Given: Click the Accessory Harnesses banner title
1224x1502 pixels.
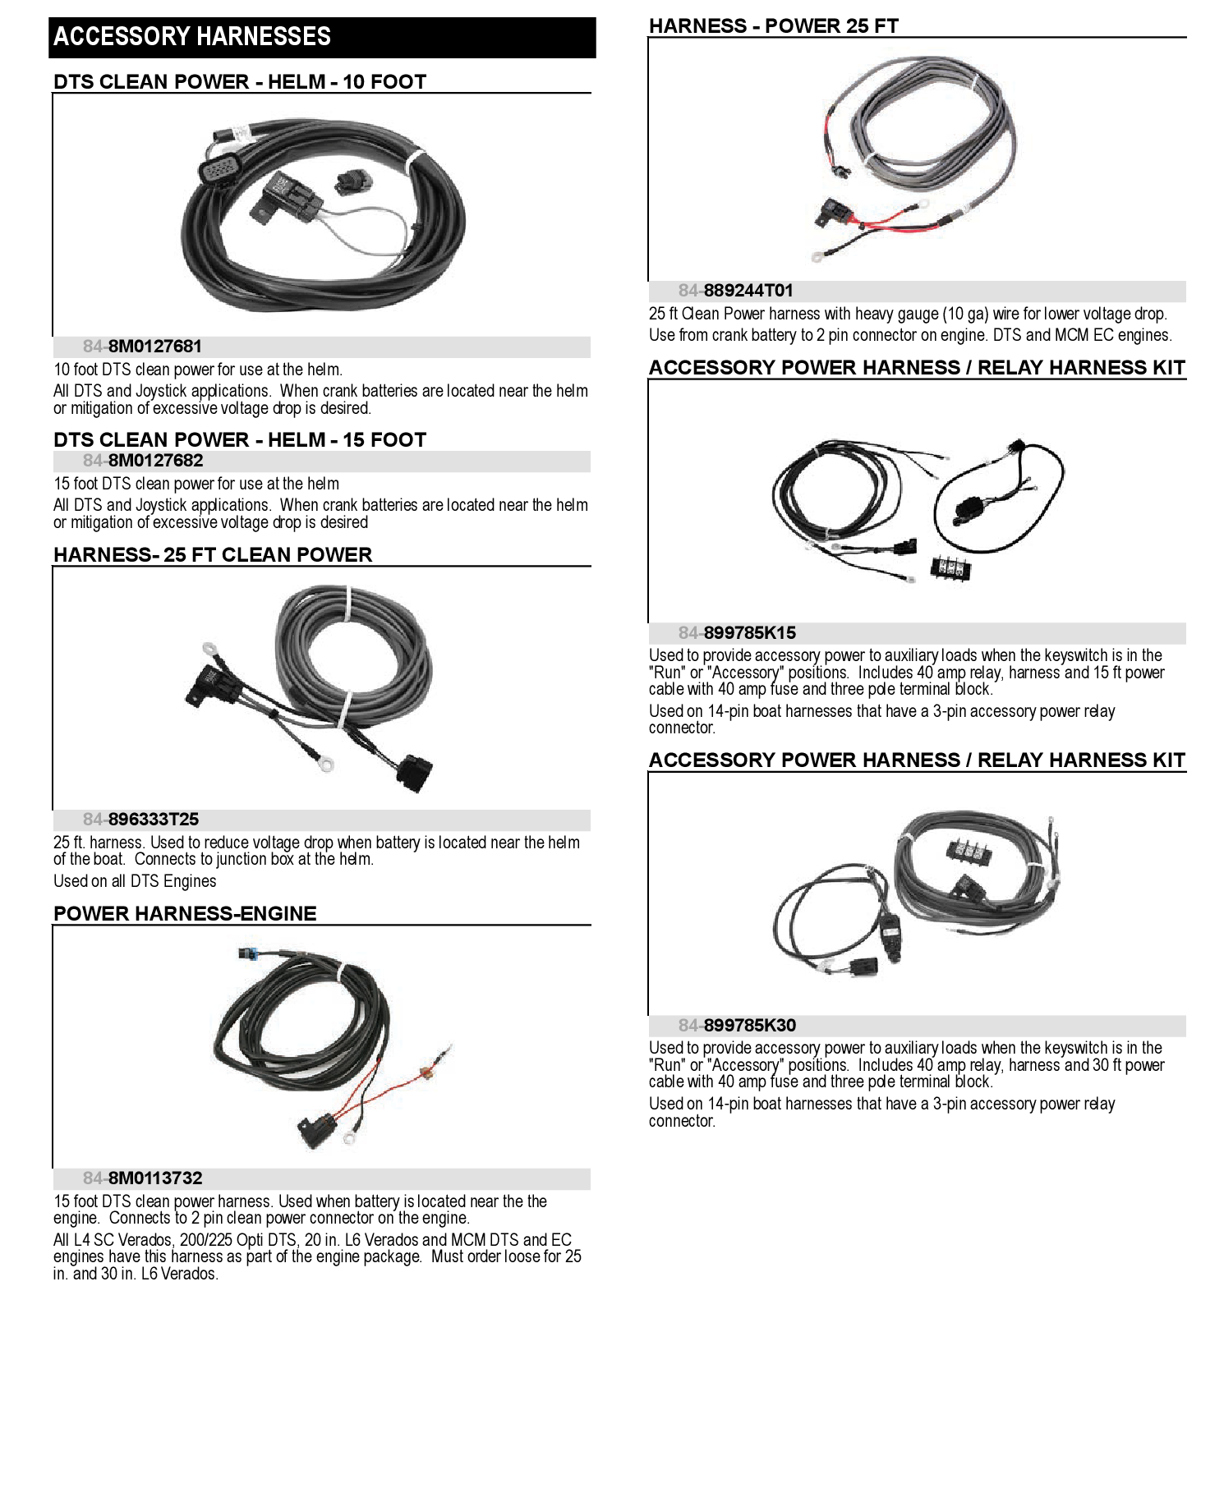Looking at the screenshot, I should pyautogui.click(x=192, y=37).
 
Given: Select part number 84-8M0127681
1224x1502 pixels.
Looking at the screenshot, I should pyautogui.click(x=142, y=347).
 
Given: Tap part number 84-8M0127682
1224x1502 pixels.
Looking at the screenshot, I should pyautogui.click(x=142, y=461).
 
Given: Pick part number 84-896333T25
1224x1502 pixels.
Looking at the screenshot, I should pyautogui.click(x=140, y=820).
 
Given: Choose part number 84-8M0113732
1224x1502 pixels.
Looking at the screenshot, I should pyautogui.click(x=142, y=1178).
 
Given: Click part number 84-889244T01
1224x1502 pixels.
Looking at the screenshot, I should pyautogui.click(x=735, y=291).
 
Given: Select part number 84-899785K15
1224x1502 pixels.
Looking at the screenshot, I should pyautogui.click(x=737, y=633).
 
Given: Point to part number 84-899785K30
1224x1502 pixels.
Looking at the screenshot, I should pyautogui.click(x=737, y=1026).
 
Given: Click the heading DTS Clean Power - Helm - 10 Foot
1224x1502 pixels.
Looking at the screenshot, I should pyautogui.click(x=240, y=82).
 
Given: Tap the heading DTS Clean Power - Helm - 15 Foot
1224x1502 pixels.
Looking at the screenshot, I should pyautogui.click(x=240, y=440).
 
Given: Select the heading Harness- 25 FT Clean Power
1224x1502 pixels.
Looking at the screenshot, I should pyautogui.click(x=213, y=555).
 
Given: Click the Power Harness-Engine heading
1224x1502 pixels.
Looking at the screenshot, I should pyautogui.click(x=185, y=914).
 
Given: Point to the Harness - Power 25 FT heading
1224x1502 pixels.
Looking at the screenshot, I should pyautogui.click(x=773, y=26).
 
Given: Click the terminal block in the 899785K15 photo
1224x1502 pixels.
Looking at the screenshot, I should pyautogui.click(x=950, y=567).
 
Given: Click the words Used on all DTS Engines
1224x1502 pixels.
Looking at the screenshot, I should pyautogui.click(x=135, y=881).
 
